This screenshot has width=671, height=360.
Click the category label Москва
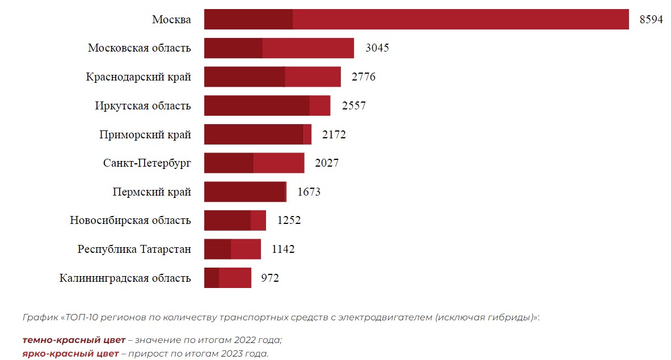pyautogui.click(x=171, y=19)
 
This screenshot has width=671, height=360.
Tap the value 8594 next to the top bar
pyautogui.click(x=651, y=19)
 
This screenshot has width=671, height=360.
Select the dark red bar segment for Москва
pyautogui.click(x=248, y=19)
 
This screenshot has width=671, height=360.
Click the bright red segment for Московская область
pyautogui.click(x=308, y=48)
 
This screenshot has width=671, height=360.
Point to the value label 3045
pyautogui.click(x=377, y=48)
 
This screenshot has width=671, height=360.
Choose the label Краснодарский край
pyautogui.click(x=138, y=77)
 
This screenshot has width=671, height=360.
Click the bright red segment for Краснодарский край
pyautogui.click(x=313, y=77)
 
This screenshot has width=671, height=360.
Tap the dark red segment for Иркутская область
pyautogui.click(x=256, y=106)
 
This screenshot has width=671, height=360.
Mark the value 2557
pyautogui.click(x=354, y=106)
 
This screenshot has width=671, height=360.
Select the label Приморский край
pyautogui.click(x=145, y=135)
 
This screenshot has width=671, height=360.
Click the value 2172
pyautogui.click(x=334, y=135)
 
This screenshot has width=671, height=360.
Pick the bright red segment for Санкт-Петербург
pyautogui.click(x=278, y=163)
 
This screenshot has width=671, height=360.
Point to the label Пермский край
pyautogui.click(x=151, y=192)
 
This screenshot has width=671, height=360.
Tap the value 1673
pyautogui.click(x=309, y=192)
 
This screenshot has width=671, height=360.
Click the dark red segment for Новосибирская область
pyautogui.click(x=227, y=221)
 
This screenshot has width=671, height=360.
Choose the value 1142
pyautogui.click(x=283, y=249)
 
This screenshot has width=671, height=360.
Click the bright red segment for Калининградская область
pyautogui.click(x=235, y=278)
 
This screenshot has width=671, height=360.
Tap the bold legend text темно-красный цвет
pyautogui.click(x=74, y=340)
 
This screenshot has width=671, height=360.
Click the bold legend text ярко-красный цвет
pyautogui.click(x=71, y=354)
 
